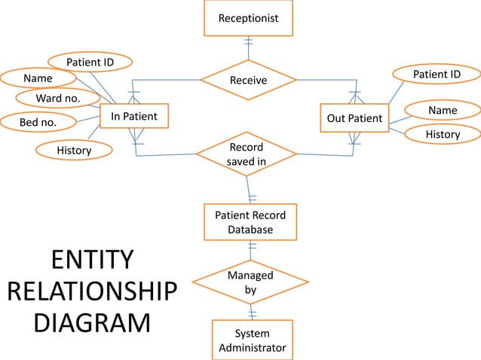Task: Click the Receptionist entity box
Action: (247, 17)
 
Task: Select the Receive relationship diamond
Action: (248, 80)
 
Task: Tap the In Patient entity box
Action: (134, 117)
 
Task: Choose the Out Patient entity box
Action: (354, 119)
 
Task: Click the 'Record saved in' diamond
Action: (247, 153)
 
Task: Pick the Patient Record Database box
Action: (250, 222)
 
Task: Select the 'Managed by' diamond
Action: (250, 282)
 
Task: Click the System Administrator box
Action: (252, 340)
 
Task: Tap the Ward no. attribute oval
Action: (58, 99)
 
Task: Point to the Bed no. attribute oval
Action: (38, 121)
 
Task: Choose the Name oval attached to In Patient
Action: (38, 78)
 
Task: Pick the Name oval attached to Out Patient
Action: (443, 111)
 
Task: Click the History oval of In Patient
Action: (74, 151)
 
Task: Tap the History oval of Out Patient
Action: (443, 134)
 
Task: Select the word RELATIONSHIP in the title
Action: (92, 291)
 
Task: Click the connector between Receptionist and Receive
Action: (248, 47)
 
